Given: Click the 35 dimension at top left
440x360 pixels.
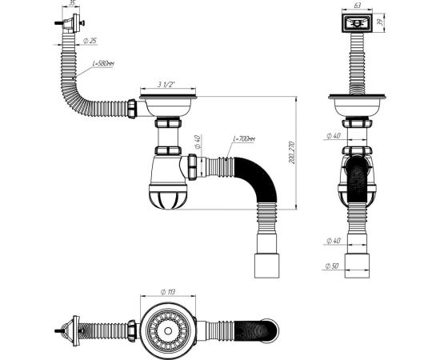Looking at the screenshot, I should point(72,4).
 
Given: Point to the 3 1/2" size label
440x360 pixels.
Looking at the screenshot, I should point(166,85).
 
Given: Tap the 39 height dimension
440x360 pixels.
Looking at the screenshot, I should point(389,24).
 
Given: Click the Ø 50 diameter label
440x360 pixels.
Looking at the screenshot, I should point(332,266).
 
